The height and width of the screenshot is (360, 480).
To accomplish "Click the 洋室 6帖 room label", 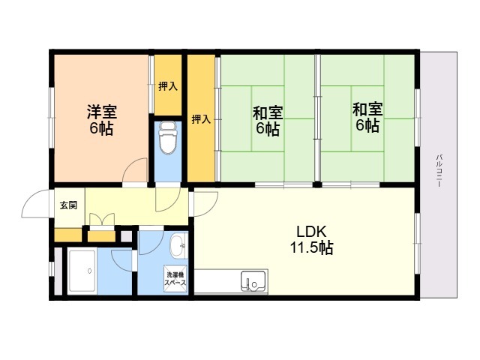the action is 102,120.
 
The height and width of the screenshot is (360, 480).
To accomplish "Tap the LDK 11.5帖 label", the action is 312,240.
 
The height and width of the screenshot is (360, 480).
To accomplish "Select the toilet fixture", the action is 168,138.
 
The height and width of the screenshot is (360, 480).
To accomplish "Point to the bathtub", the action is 82,271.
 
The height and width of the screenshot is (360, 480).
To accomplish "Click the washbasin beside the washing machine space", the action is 178,246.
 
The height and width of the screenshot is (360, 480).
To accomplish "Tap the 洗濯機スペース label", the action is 175,279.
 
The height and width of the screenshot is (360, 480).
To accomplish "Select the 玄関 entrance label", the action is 68,205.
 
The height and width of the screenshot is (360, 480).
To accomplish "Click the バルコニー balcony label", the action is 439,171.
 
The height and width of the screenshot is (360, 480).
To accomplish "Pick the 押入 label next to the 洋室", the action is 168,86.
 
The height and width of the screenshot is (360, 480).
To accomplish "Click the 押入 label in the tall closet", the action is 201,119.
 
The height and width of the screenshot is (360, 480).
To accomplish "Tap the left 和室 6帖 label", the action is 268,120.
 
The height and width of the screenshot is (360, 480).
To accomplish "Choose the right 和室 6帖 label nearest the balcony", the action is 367,117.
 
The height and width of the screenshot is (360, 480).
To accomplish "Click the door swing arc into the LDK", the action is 211,208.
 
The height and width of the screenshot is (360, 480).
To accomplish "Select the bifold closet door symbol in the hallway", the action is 102,220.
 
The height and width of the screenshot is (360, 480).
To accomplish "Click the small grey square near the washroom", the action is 126,236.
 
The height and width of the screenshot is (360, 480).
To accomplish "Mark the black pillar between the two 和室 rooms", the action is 317,184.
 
